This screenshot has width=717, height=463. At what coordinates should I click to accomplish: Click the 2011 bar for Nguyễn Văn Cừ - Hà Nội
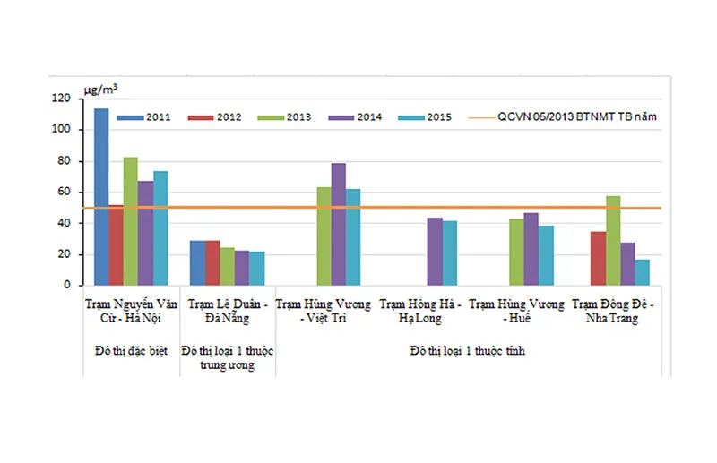101,197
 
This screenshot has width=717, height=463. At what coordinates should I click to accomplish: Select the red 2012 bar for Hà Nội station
117,245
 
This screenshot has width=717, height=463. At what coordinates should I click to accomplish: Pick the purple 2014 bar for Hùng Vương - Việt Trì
338,224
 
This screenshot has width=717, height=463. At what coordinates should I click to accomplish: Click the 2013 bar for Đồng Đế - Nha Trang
612,240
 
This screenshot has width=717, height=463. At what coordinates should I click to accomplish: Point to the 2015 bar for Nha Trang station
642,271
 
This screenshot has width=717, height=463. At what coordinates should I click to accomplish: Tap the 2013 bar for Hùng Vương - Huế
516,252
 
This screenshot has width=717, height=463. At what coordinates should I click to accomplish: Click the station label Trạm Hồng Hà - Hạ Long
419,311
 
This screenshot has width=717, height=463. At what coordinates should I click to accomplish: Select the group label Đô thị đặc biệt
132,348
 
